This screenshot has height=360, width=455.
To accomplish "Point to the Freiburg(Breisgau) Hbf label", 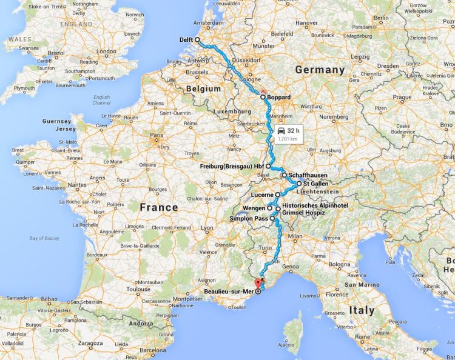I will [231, 165].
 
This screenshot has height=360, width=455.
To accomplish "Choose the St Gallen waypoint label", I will [316, 183].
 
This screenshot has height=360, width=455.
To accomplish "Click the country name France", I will [158, 207].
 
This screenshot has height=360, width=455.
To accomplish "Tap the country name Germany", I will [320, 70].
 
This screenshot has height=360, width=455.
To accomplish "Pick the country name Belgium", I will [204, 88].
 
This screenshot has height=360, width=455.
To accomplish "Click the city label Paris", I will [158, 135].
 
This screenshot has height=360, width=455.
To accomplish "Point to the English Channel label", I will [101, 100].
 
